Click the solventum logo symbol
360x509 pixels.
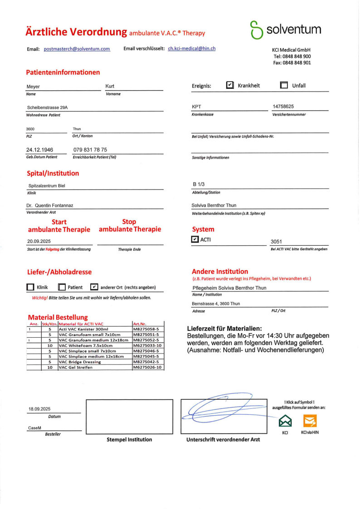coord(256,29)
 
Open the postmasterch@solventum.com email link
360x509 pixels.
coord(77,49)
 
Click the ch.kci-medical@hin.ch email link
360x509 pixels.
coord(192,48)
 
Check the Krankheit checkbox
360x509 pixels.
coord(230,85)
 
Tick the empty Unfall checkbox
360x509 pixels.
coord(284,85)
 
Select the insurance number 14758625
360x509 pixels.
coord(283,107)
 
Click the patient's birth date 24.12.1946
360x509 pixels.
coord(40,150)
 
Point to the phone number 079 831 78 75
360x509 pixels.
coord(90,150)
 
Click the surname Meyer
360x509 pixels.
coord(34,87)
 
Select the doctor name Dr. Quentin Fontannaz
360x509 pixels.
coord(50,205)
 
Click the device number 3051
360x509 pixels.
coord(277,242)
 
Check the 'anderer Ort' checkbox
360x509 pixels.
coord(94,287)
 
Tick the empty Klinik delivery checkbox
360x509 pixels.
coord(30,287)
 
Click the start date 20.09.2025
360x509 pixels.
coord(39,242)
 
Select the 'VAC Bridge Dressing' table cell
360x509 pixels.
coord(79,362)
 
